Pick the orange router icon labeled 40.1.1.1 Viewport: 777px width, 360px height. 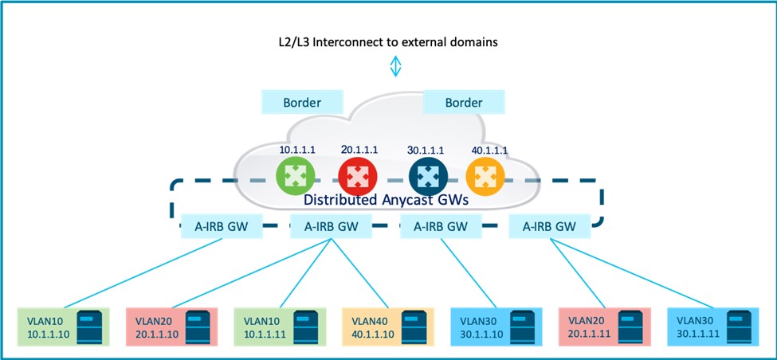pyautogui.click(x=481, y=176)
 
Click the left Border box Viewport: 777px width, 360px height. pyautogui.click(x=302, y=102)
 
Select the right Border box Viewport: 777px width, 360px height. pyautogui.click(x=464, y=102)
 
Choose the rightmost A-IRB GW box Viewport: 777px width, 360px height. pyautogui.click(x=549, y=225)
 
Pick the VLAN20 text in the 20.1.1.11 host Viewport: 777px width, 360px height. pyautogui.click(x=586, y=319)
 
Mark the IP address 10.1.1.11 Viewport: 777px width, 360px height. pyautogui.click(x=271, y=335)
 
